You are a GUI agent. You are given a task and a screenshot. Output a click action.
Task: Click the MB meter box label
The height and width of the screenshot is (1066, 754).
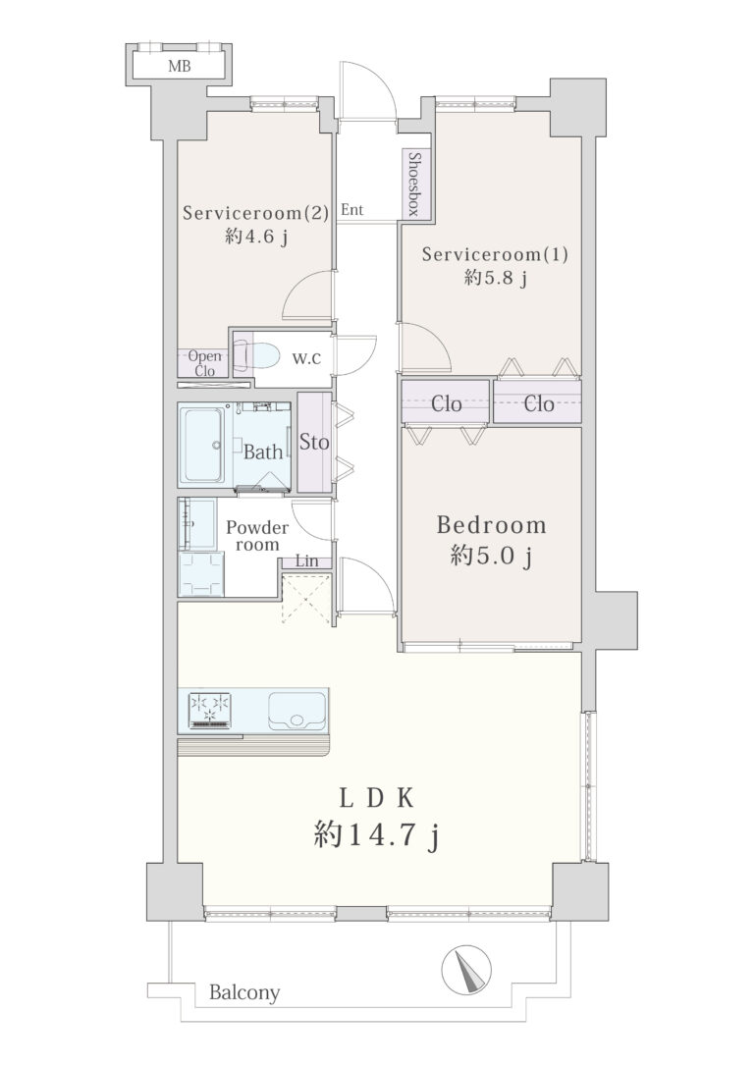(180, 67)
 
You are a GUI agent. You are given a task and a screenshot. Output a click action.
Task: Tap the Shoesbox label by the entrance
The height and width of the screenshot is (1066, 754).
(412, 183)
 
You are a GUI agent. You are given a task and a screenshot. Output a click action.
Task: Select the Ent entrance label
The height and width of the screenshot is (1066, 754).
(352, 209)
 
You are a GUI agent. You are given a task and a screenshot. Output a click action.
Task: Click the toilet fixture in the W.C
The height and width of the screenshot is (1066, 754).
(257, 355)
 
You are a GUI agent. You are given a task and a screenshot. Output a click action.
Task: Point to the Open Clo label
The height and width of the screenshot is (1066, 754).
(204, 363)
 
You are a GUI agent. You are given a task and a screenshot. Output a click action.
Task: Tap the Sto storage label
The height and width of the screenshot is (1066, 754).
(314, 442)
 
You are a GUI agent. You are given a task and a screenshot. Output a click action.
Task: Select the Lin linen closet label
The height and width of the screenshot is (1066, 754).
(307, 561)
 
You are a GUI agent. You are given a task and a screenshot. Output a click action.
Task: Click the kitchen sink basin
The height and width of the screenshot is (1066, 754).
(296, 711)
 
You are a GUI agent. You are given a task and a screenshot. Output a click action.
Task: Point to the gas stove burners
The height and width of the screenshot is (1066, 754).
(210, 709)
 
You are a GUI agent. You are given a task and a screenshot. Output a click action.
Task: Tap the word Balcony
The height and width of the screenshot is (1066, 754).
(244, 993)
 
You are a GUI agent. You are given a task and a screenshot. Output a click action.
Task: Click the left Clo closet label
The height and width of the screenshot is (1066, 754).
(447, 403)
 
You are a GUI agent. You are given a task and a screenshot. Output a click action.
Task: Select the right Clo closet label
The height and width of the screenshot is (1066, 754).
(538, 403)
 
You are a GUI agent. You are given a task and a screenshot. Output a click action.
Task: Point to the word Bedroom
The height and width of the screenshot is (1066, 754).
(491, 524)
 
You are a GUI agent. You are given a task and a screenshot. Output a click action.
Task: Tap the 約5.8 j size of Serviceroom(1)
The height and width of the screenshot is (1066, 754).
(496, 278)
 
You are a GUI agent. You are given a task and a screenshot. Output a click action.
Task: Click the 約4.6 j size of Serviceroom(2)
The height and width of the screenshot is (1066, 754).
(255, 237)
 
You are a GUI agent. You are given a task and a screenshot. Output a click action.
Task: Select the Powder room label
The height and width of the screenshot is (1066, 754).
(257, 536)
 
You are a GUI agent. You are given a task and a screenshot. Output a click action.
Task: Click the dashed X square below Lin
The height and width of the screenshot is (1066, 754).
(306, 598)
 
